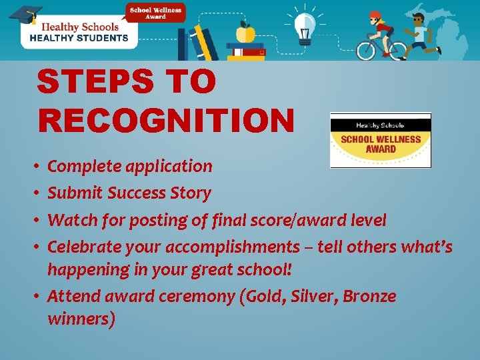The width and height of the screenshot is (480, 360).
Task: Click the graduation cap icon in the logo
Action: point(24,15)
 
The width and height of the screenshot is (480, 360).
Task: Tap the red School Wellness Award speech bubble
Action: point(157,13)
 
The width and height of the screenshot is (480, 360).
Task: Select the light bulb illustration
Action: point(305,26)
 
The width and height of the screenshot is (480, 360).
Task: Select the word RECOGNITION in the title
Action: point(166,121)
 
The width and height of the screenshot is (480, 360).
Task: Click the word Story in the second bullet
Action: point(190,193)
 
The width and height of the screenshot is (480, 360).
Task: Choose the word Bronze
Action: point(369,296)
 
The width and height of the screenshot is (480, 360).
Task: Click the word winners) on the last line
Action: point(81,319)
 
